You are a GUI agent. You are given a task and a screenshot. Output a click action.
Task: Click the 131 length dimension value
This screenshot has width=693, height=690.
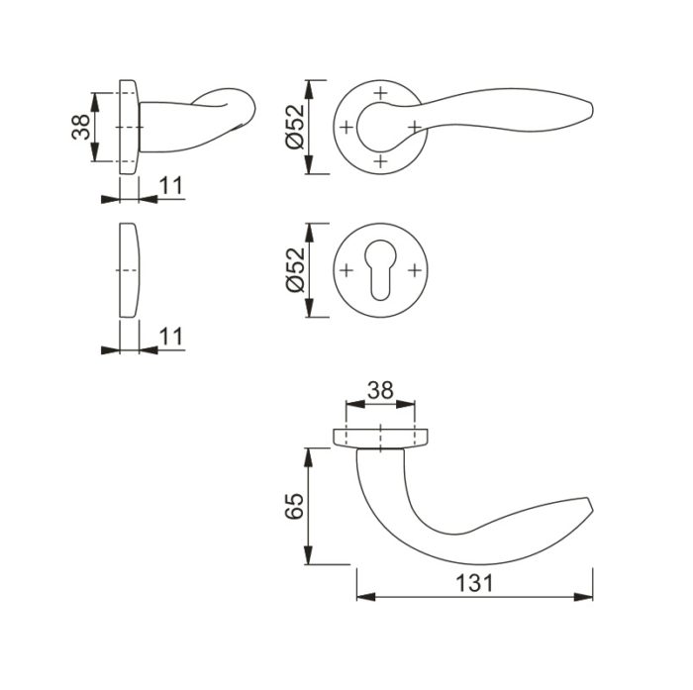[x=474, y=583]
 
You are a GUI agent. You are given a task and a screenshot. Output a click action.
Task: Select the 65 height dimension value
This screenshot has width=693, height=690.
[x=294, y=506]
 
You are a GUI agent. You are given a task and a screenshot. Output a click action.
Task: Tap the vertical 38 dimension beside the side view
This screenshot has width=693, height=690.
[x=81, y=127]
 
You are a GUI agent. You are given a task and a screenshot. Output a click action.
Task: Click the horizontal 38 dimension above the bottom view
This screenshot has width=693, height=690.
[x=380, y=390]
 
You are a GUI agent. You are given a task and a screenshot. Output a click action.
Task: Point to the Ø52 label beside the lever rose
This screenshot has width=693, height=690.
[x=296, y=127]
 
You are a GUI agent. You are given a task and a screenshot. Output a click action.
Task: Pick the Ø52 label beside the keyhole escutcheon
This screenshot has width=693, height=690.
[x=296, y=270]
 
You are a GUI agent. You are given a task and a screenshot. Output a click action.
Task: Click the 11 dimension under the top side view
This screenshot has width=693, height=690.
[x=170, y=186]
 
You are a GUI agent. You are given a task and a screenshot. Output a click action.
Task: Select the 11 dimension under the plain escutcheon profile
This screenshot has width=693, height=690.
[x=170, y=337]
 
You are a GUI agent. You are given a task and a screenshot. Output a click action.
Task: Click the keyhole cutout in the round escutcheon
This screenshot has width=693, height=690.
[x=380, y=269]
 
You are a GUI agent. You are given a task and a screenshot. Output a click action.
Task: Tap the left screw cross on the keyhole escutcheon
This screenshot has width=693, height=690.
[x=346, y=270]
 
